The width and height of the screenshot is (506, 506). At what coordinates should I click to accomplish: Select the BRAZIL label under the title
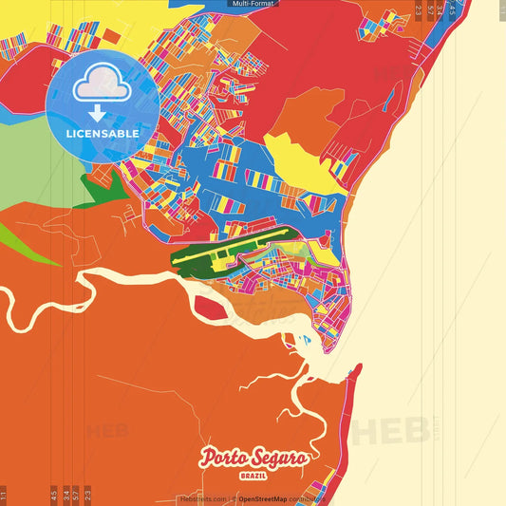coord(253,473)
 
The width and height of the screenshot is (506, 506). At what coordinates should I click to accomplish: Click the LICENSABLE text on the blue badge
coord(103,134)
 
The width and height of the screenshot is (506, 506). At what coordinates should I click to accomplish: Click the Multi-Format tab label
coord(253,4)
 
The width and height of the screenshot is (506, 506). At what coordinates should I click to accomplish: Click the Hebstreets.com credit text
coord(202,498)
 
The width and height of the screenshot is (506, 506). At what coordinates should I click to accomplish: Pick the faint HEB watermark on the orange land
coord(107,432)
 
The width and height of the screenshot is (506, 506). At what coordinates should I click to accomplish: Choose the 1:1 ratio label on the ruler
coord(5,496)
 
